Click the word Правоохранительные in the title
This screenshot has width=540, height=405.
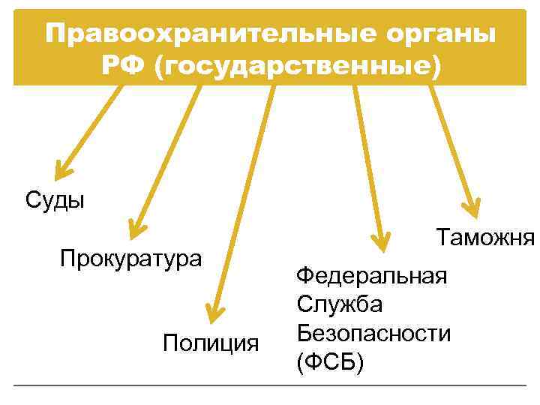coord(205,34)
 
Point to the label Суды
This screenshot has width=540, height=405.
coord(55,200)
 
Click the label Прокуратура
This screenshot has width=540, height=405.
coord(131,259)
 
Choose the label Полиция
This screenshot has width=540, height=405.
coord(211,343)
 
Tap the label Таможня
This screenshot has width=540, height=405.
coord(485,238)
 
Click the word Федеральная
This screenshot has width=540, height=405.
coord(372,276)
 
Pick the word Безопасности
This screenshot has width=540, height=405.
coord(373,332)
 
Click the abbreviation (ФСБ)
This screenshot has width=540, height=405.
coord(330,362)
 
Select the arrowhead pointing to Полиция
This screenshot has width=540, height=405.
coord(215,312)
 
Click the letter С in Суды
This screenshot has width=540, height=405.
coord(32,200)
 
